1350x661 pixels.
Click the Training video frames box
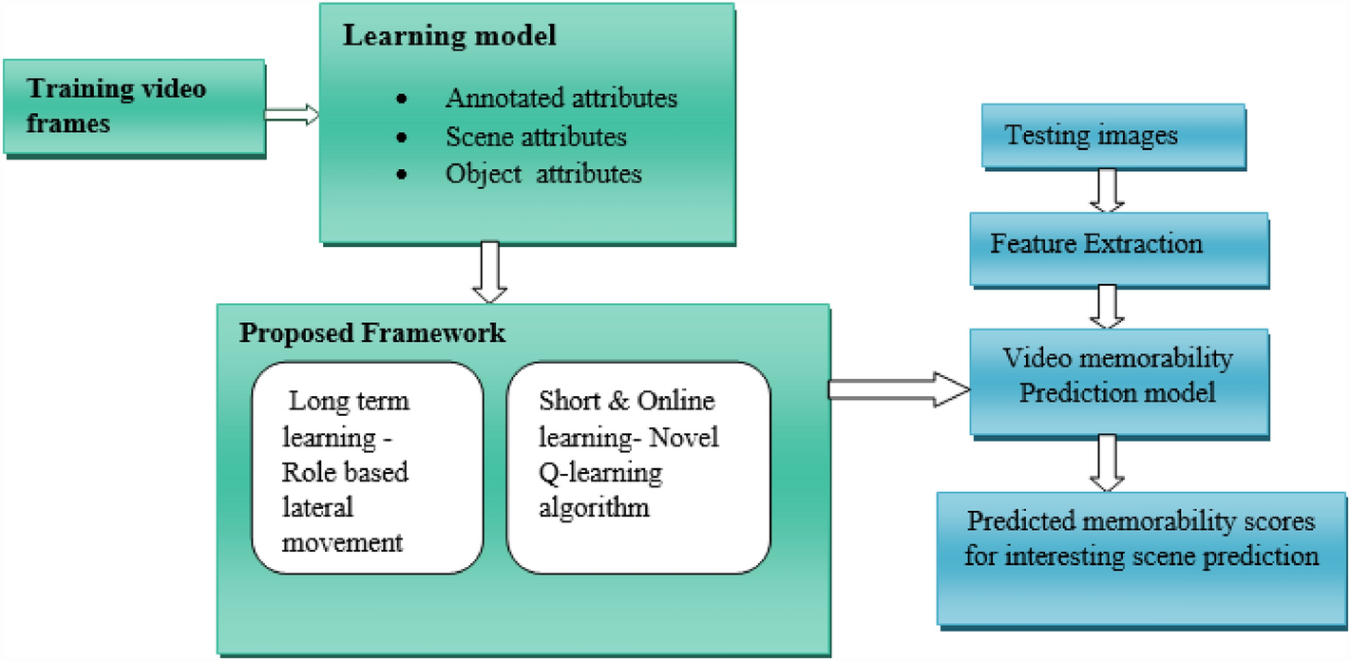click(x=133, y=107)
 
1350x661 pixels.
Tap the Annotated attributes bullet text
click(x=561, y=98)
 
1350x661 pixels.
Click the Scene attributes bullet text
click(x=536, y=137)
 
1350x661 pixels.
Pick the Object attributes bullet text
click(x=543, y=174)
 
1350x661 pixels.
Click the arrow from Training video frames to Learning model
click(x=292, y=115)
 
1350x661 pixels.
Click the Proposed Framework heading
click(x=371, y=333)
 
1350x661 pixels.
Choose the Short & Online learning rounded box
click(x=637, y=469)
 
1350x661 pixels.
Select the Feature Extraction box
click(x=1118, y=245)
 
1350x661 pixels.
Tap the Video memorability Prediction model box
click(x=1117, y=376)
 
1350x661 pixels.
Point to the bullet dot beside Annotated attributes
click(x=405, y=100)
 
